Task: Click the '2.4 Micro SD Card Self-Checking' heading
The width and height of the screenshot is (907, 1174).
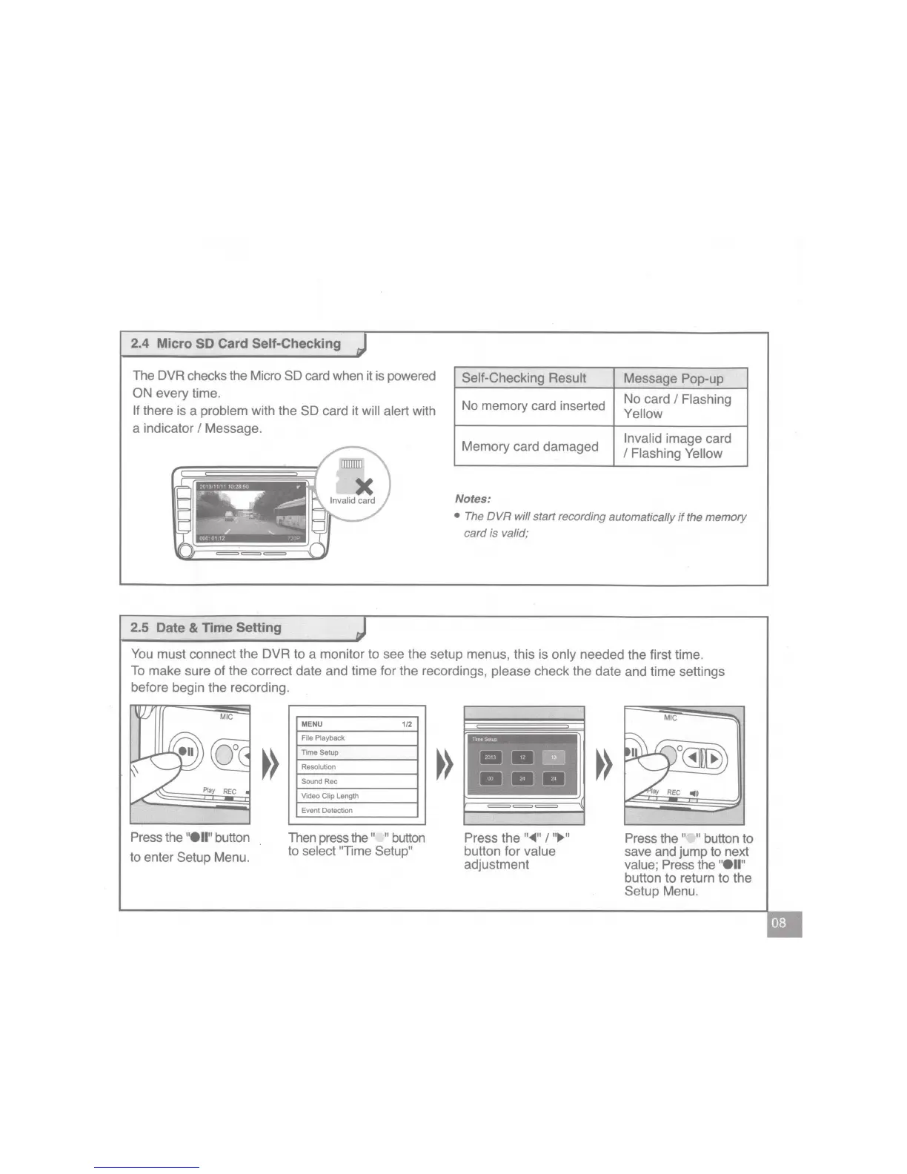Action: coord(236,344)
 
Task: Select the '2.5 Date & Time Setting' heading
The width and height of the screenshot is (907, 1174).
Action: coord(206,628)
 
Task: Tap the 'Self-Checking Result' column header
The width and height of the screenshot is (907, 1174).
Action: coord(524,378)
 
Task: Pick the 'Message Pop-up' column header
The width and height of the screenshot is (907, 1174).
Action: coord(674,379)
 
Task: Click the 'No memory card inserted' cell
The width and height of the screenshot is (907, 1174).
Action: coord(534,406)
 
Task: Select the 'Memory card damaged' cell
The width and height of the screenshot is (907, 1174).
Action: coord(530,446)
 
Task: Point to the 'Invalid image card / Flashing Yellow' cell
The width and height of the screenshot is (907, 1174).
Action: coord(677,446)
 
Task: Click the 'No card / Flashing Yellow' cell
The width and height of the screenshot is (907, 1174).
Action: coord(677,406)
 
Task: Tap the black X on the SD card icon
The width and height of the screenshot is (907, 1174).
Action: coord(364,485)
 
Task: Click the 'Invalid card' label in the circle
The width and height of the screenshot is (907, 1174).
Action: coord(353,501)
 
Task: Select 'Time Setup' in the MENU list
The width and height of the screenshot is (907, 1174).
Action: coord(320,752)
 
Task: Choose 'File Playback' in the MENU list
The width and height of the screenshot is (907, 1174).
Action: coord(323,738)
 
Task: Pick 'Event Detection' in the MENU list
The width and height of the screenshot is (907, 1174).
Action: coord(327,811)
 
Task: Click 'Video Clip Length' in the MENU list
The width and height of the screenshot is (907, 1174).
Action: coord(330,796)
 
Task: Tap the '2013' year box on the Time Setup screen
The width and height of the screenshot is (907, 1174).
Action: coord(490,757)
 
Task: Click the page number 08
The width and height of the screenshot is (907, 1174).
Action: coord(779,923)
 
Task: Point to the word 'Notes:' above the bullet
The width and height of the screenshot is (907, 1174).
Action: coord(473,499)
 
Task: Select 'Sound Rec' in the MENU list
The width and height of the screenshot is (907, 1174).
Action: coord(319,782)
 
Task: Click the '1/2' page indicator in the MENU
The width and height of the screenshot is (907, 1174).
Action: coord(407,724)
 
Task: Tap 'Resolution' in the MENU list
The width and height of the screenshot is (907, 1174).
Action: coord(319,767)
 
